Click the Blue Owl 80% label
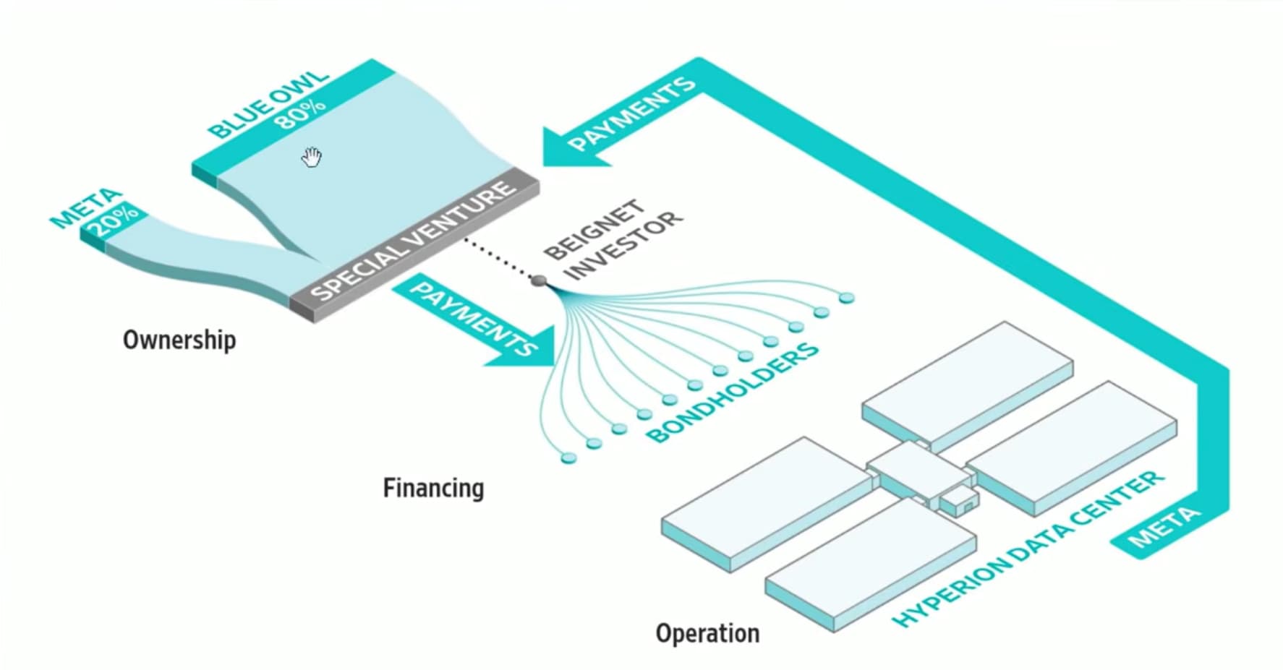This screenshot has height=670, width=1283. pos(269,106)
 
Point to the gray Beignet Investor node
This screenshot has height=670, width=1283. pos(538,280)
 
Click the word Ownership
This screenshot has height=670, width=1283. pos(179,340)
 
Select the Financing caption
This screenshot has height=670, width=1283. pos(433,488)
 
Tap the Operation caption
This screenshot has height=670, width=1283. pos(707,633)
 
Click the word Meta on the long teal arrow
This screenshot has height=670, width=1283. pos(1164,528)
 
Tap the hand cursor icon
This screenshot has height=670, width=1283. pos(311,157)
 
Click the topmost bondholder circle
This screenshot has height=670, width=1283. pos(846,298)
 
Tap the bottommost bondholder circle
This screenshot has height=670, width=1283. pos(568,458)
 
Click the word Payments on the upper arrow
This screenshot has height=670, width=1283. pos(631,114)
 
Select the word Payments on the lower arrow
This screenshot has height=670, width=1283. pos(474,318)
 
